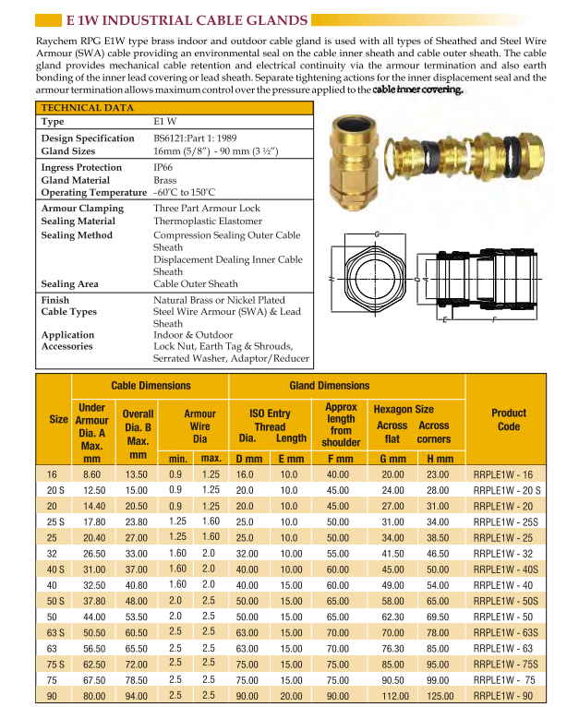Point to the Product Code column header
(x=509, y=420)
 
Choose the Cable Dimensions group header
(x=151, y=386)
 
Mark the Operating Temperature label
(x=94, y=192)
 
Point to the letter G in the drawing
(x=377, y=234)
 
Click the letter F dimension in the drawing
(x=495, y=320)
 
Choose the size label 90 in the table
(x=53, y=695)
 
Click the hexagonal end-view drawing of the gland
(x=377, y=276)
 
